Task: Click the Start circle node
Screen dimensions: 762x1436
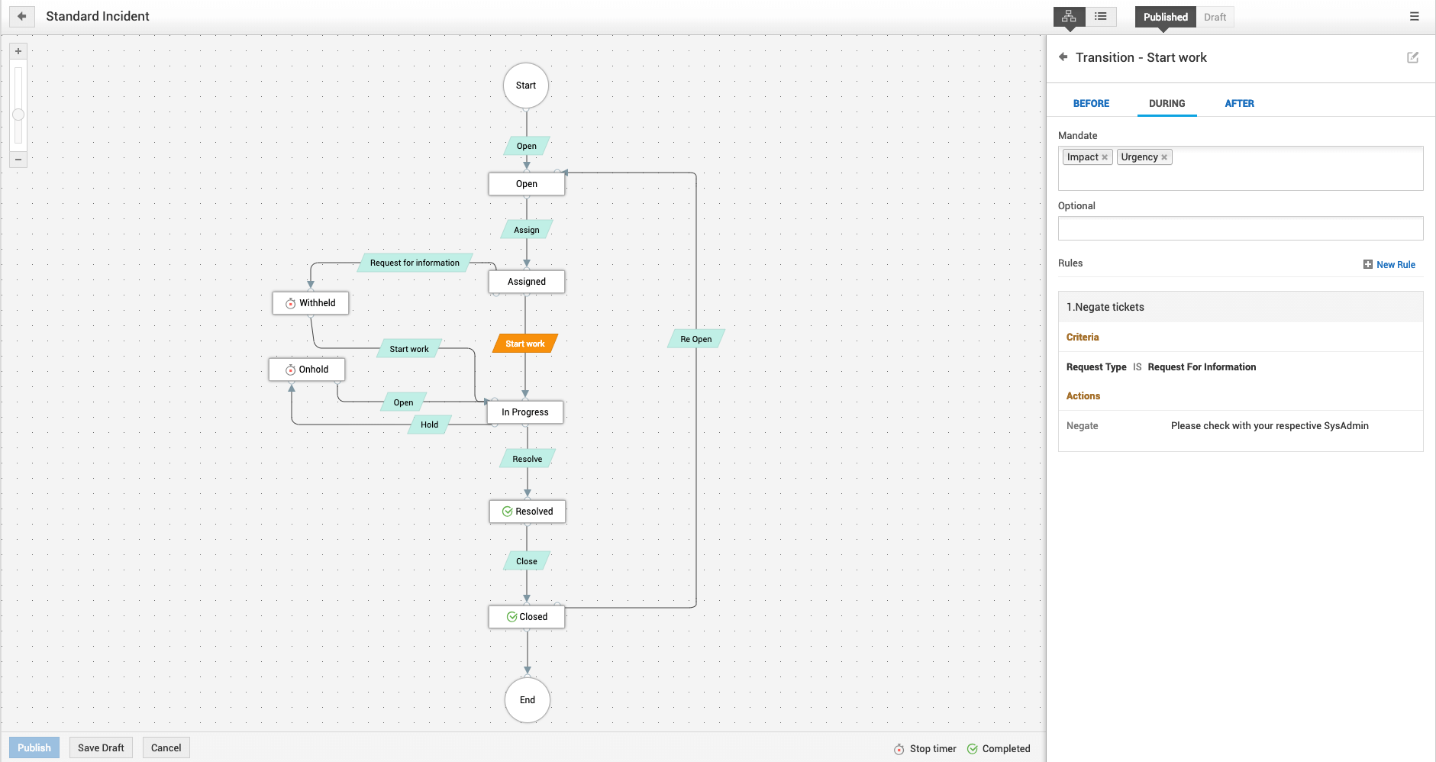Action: [525, 86]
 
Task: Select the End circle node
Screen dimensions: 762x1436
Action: [527, 699]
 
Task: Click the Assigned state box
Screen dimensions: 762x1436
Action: [526, 282]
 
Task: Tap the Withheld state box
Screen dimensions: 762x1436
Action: [311, 303]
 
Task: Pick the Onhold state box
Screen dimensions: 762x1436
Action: [307, 370]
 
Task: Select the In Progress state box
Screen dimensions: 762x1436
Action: [525, 412]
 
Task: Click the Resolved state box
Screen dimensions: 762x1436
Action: [527, 512]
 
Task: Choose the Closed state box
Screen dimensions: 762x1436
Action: [527, 617]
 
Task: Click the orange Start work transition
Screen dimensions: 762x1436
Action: [525, 344]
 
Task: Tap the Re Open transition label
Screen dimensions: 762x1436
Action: [695, 339]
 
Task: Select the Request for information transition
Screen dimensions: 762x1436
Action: [415, 263]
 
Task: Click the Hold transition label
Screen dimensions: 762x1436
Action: [429, 425]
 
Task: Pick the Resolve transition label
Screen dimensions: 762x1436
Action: [527, 459]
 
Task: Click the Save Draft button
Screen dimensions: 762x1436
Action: [101, 747]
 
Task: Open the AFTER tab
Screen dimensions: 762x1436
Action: [1239, 104]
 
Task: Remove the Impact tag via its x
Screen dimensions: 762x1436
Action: [1105, 157]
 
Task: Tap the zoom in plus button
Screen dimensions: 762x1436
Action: [18, 51]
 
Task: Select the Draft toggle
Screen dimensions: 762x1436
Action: [1215, 17]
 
